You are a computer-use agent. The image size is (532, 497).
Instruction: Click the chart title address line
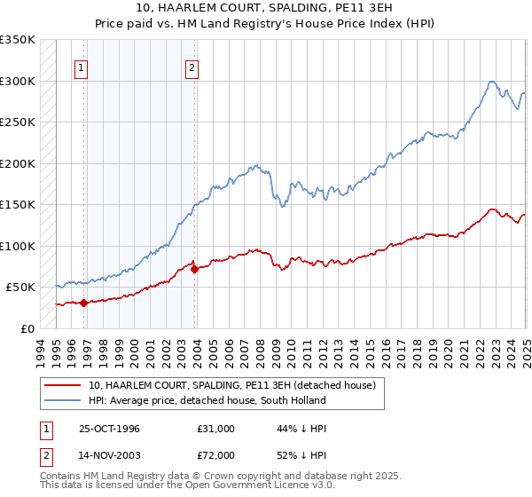pos(266,10)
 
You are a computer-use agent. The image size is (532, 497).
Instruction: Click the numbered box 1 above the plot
pos(81,67)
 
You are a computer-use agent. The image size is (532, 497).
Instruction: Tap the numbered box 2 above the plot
pos(192,67)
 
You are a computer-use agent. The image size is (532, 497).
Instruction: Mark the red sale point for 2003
pos(195,269)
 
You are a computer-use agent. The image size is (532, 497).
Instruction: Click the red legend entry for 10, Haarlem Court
pos(232,385)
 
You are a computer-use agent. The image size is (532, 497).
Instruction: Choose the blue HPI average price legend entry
pos(207,400)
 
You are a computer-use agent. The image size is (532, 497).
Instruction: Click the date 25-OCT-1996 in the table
pos(108,429)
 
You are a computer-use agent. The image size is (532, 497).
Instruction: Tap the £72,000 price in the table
pos(215,455)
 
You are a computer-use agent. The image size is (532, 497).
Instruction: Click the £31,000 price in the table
pos(215,429)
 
